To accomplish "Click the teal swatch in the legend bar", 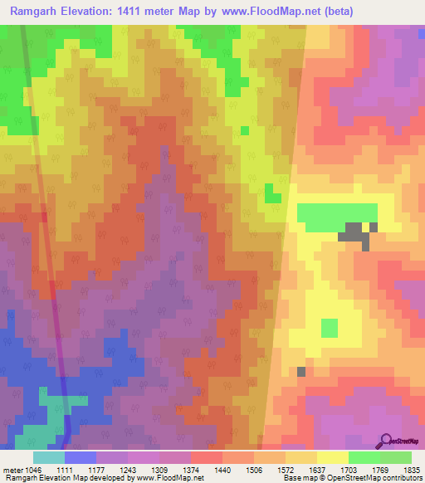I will pyautogui.click(x=49, y=457).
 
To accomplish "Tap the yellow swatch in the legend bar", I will pyautogui.click(x=332, y=457).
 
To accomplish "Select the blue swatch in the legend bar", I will pyautogui.click(x=81, y=457).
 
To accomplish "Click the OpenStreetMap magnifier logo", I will pyautogui.click(x=386, y=441).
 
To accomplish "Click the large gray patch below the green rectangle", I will pyautogui.click(x=355, y=234).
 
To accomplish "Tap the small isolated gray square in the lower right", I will pyautogui.click(x=300, y=371).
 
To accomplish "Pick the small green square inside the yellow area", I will pyautogui.click(x=330, y=328).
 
